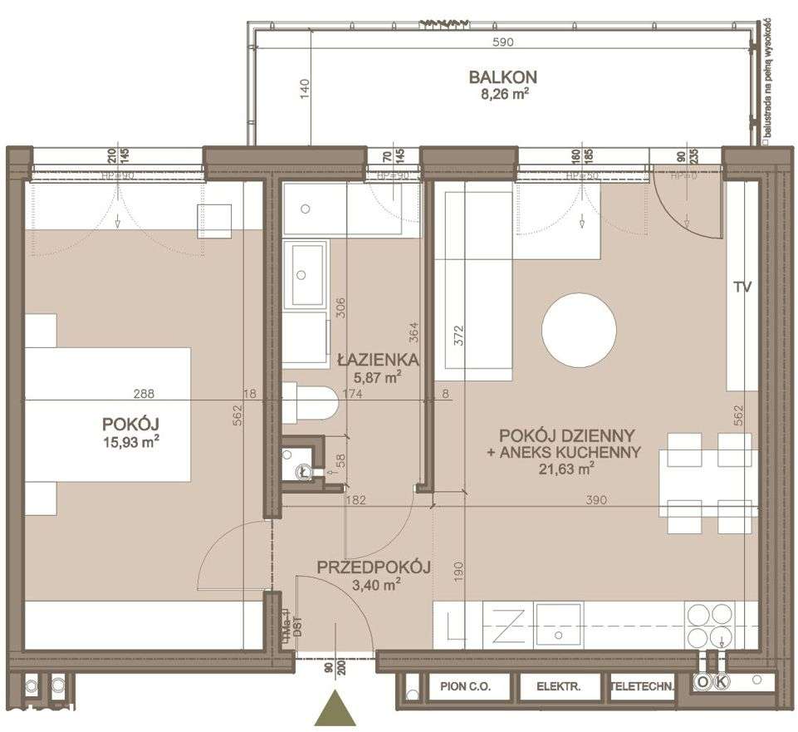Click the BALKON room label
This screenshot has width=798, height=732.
[502, 77]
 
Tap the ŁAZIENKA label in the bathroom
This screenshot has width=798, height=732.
[377, 361]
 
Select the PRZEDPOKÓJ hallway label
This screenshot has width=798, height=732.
[373, 568]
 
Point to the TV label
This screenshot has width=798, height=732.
[742, 287]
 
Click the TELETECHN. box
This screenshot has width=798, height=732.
[642, 686]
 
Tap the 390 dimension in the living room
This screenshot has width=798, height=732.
[596, 500]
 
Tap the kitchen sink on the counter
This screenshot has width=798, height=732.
[559, 621]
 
